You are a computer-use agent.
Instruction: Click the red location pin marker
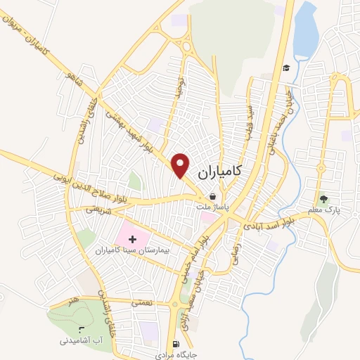pyautogui.click(x=181, y=165)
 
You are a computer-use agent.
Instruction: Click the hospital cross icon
pyautogui.click(x=132, y=240)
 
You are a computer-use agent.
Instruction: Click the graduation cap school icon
pyautogui.click(x=286, y=68)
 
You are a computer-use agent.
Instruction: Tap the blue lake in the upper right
pyautogui.click(x=305, y=32)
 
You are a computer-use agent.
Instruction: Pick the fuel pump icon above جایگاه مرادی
pyautogui.click(x=174, y=336)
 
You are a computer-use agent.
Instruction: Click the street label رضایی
pyautogui.click(x=229, y=247)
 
